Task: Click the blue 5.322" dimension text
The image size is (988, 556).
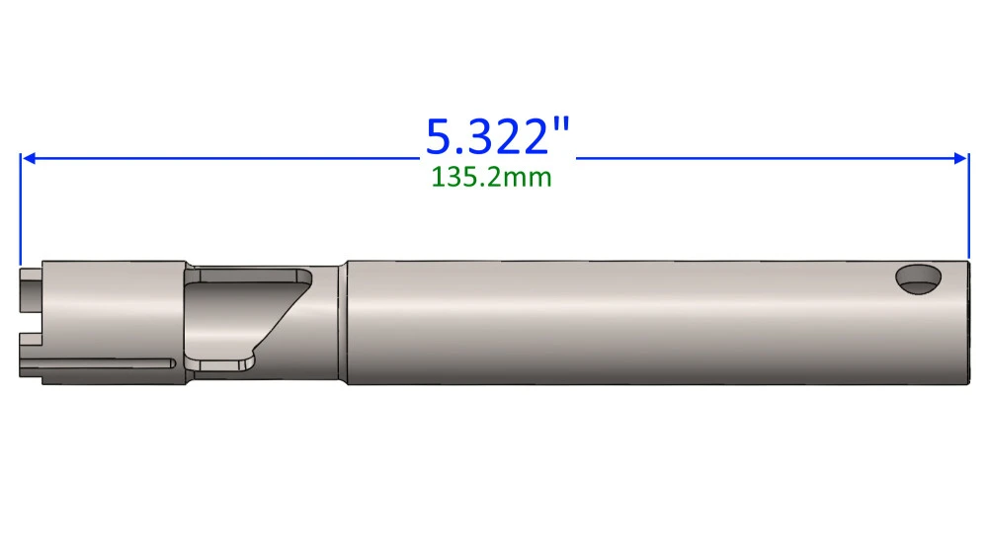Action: tap(499, 136)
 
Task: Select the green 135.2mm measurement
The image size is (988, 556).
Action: tap(491, 178)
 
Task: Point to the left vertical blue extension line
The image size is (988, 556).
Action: tap(20, 207)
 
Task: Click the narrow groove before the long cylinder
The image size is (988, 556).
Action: tap(342, 321)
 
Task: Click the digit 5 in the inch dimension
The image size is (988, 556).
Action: tap(442, 136)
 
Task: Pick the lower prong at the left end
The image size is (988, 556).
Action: tap(32, 356)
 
